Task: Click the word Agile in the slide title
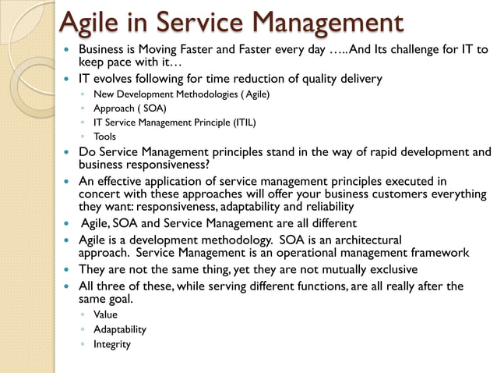(x=91, y=23)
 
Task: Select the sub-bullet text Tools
(x=104, y=137)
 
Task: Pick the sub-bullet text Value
(x=105, y=314)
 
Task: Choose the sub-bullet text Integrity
(x=112, y=344)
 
